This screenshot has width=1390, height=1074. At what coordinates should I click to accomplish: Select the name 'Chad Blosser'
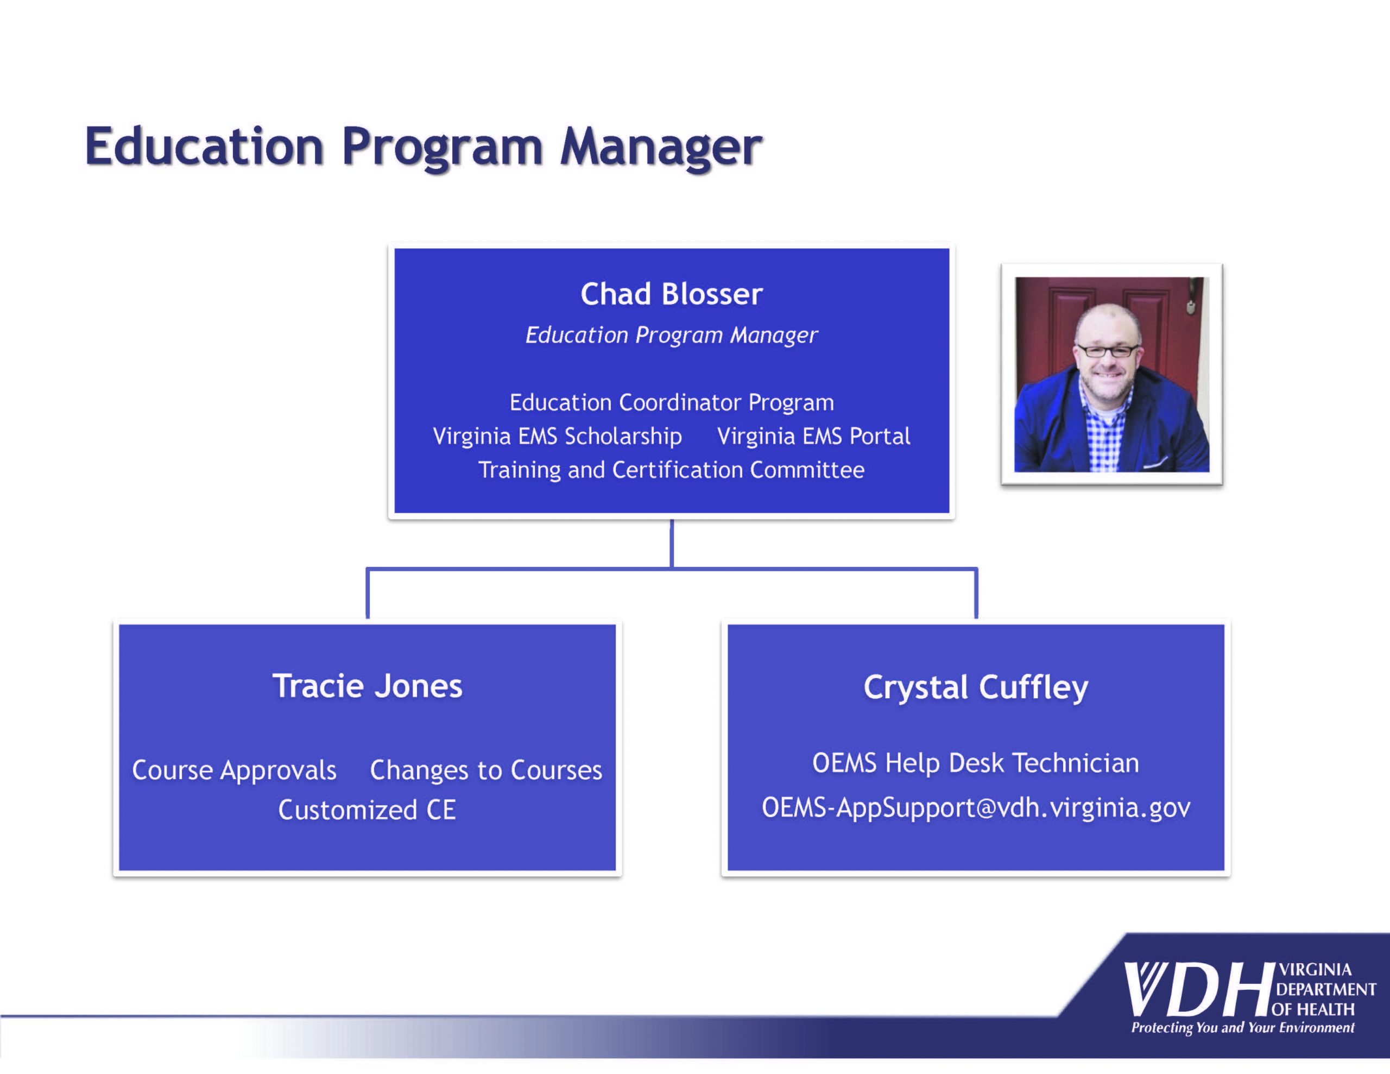[672, 294]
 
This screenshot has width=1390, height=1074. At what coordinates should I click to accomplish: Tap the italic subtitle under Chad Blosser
[672, 336]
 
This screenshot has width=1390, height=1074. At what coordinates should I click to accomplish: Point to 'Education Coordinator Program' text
[672, 402]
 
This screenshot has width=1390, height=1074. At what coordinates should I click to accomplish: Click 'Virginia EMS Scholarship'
[557, 436]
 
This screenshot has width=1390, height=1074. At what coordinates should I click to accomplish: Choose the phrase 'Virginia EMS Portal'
[813, 436]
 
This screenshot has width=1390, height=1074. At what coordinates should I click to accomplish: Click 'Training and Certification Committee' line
[672, 470]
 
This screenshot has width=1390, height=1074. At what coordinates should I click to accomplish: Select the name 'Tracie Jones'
[367, 686]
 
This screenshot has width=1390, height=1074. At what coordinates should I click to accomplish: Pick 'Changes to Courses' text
[485, 770]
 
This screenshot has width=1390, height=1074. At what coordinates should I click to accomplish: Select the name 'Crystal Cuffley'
[976, 688]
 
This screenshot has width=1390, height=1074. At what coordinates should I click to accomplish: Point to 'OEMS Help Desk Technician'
[976, 763]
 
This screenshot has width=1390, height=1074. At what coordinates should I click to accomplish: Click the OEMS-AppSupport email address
[976, 808]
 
